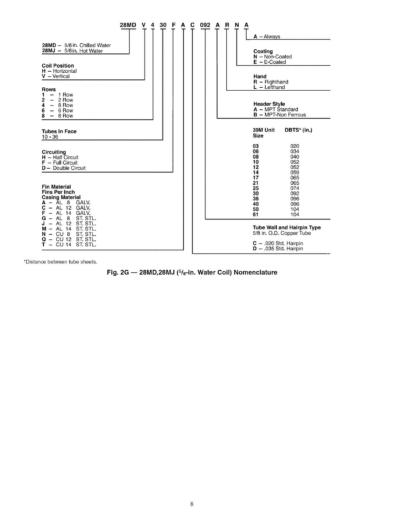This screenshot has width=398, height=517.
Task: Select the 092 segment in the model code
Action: coord(205,25)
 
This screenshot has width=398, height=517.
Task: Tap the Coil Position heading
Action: coord(58,66)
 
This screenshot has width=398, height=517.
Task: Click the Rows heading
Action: coord(49,89)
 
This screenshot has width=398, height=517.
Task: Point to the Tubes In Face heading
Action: coord(59,131)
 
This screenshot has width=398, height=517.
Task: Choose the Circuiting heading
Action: coord(54,152)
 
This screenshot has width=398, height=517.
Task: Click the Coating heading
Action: coord(263,51)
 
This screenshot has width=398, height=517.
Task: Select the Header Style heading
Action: coord(269,104)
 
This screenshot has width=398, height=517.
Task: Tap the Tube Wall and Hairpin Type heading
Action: coord(287,228)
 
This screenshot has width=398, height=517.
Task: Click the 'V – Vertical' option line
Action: coord(56,76)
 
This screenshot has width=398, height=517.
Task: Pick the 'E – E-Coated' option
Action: coord(270,62)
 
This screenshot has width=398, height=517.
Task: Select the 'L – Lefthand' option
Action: coord(269,87)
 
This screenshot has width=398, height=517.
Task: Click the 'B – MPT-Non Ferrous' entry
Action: coord(279,115)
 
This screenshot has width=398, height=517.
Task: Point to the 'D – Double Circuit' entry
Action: coord(64,168)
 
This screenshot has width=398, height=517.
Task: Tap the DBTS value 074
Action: coord(295,188)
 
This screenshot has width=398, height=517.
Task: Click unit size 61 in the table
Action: coord(256,214)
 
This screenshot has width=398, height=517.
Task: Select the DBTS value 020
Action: coord(295,146)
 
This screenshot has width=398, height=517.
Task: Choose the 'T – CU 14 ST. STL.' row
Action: coord(69,245)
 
